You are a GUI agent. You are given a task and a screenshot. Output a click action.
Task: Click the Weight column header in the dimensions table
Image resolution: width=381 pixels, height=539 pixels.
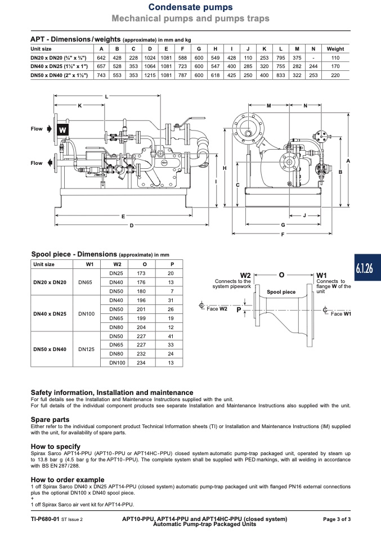pos(335,49)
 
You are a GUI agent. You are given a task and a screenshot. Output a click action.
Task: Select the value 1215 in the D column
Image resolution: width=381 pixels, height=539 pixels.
pos(150,75)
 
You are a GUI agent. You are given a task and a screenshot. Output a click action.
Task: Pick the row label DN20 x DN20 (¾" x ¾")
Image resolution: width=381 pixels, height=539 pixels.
pos(59,58)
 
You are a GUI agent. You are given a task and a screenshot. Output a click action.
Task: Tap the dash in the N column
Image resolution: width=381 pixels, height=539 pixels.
pos(313,58)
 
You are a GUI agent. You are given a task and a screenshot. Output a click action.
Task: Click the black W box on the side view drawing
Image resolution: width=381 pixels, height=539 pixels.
pos(62,129)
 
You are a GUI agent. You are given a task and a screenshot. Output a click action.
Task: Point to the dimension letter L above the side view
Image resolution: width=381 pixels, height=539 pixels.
pos(106,97)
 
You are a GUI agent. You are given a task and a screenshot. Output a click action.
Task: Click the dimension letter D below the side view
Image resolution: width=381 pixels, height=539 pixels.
pos(132,226)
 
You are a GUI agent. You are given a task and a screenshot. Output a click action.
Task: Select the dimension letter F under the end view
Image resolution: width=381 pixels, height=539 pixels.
pos(283,234)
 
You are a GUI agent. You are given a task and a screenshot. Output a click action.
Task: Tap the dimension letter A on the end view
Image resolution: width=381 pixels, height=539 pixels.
pos(348,161)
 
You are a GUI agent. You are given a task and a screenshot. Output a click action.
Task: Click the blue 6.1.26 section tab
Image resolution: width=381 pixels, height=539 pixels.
pos(367,267)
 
